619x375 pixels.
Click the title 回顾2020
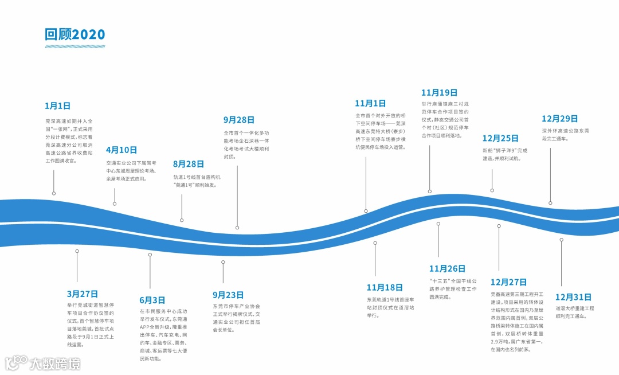click(x=75, y=34)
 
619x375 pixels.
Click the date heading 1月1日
click(x=57, y=106)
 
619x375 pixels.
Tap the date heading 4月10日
click(x=122, y=150)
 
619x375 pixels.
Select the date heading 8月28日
click(x=189, y=164)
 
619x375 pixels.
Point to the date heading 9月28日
click(x=239, y=120)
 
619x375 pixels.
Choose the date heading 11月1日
click(x=370, y=103)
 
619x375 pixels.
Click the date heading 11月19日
click(x=439, y=92)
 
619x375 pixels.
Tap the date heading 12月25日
click(x=500, y=138)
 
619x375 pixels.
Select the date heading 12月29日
click(x=559, y=119)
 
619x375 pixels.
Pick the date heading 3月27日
click(x=83, y=294)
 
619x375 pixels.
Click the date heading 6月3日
click(x=152, y=300)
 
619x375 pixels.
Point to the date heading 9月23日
click(x=228, y=295)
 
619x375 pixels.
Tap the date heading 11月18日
click(x=385, y=287)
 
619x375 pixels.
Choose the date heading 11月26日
click(x=447, y=268)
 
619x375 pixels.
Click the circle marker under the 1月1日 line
click(x=54, y=193)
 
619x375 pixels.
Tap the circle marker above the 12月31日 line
click(x=561, y=240)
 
